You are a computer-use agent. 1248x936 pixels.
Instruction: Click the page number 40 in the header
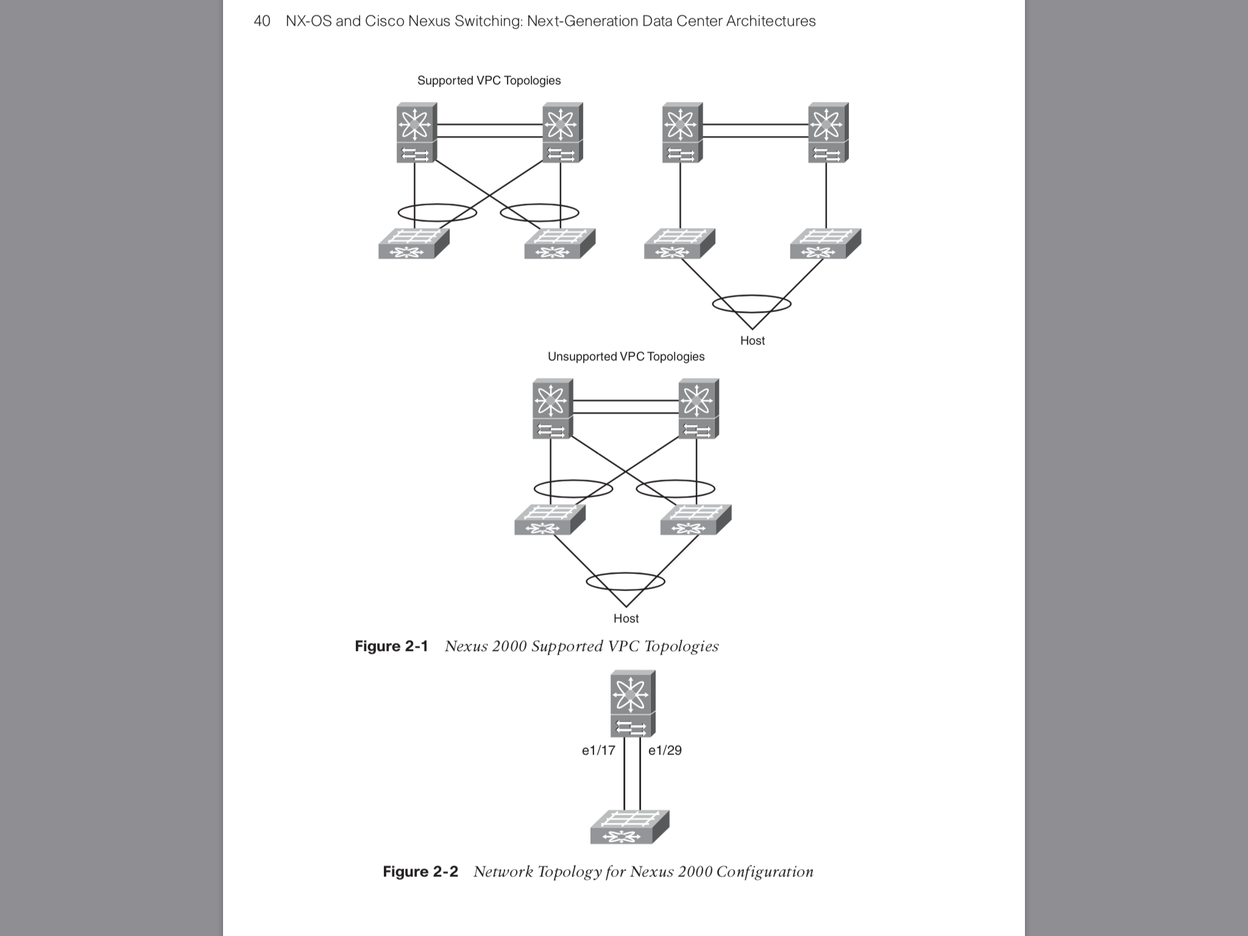[x=262, y=21]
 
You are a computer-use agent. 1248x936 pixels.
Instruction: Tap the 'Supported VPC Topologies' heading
[x=489, y=80]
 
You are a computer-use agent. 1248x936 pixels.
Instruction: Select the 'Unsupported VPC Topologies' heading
[x=626, y=356]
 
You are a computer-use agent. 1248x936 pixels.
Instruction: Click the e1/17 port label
[x=598, y=751]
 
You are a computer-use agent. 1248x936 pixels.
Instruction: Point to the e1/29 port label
[x=665, y=751]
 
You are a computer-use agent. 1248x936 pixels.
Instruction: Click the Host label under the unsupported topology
[x=626, y=619]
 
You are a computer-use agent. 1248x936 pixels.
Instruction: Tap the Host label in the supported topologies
[x=752, y=341]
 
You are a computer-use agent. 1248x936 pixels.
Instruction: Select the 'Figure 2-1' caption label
[x=391, y=646]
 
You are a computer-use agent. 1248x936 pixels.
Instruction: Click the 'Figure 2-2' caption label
[x=420, y=871]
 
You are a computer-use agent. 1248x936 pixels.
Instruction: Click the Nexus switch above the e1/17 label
[x=633, y=704]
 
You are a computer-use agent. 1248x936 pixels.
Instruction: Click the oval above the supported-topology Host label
[x=751, y=303]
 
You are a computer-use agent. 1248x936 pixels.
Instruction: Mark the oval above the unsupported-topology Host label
[x=625, y=581]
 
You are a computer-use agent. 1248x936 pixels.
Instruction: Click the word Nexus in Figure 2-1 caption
[x=466, y=646]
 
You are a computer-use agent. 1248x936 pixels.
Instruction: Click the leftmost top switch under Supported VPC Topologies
[x=416, y=133]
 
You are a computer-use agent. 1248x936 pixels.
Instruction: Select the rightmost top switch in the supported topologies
[x=828, y=133]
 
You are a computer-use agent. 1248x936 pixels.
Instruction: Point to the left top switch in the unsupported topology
[x=552, y=409]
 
